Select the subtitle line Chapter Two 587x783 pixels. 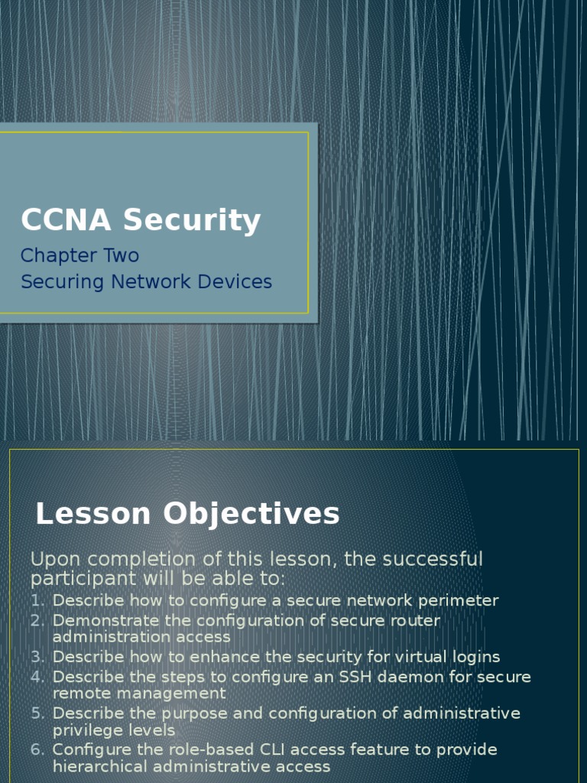[x=79, y=255]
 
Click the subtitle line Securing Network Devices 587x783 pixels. [x=146, y=281]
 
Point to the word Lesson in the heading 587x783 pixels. [x=92, y=514]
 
